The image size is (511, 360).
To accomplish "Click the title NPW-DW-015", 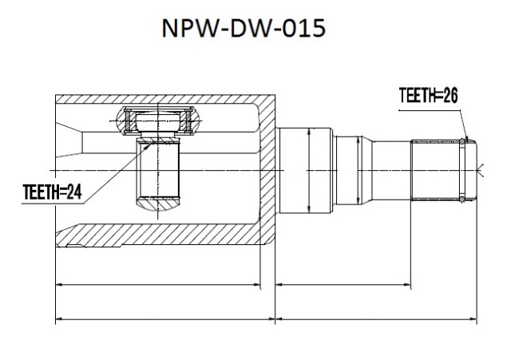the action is coord(244,28).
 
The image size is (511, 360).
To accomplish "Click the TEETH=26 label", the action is coord(428,96).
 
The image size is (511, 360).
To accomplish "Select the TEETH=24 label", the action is coord(52,192).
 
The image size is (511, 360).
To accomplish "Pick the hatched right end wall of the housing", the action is coord(267,169).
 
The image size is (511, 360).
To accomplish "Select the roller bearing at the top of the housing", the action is coord(157,121).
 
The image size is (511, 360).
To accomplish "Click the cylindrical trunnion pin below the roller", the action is coord(158,169).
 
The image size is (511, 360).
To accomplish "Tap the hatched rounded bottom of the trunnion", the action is coord(158,204).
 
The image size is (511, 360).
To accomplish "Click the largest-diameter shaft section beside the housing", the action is coord(305,170).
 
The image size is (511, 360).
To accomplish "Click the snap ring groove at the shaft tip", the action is coord(462,170).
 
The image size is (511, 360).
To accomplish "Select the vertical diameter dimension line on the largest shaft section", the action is coord(309,170).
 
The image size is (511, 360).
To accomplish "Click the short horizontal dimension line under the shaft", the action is coord(343,285).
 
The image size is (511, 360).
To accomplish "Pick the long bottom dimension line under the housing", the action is coord(165,319).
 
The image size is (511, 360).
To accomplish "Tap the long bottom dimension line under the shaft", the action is coord(376,319).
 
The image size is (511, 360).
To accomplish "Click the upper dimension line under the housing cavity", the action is coord(158,285).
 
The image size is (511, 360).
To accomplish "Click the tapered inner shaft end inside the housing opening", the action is coord(69,140).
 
